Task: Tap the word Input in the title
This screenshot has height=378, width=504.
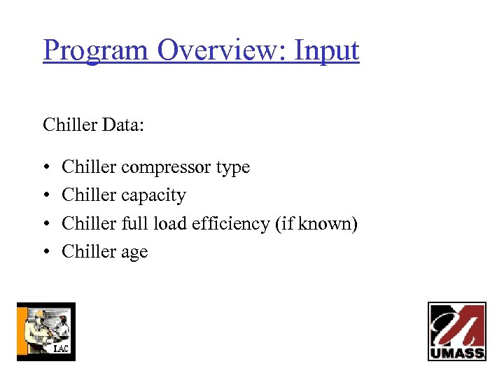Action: coord(326,50)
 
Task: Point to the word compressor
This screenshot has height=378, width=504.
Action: coord(165,168)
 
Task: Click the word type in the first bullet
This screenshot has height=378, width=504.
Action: coord(232,168)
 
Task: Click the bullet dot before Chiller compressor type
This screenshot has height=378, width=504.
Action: coord(46,168)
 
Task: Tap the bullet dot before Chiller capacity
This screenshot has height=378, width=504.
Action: coord(46,196)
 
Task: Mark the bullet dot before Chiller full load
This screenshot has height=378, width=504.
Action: coord(46,224)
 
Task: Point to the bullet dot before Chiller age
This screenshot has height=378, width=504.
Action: coord(46,252)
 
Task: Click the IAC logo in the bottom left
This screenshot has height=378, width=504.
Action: coord(45,331)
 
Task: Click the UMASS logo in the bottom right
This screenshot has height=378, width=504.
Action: coord(456,331)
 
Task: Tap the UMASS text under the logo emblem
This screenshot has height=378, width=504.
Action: coord(456,353)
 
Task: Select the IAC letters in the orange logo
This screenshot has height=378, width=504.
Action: coord(62,349)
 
